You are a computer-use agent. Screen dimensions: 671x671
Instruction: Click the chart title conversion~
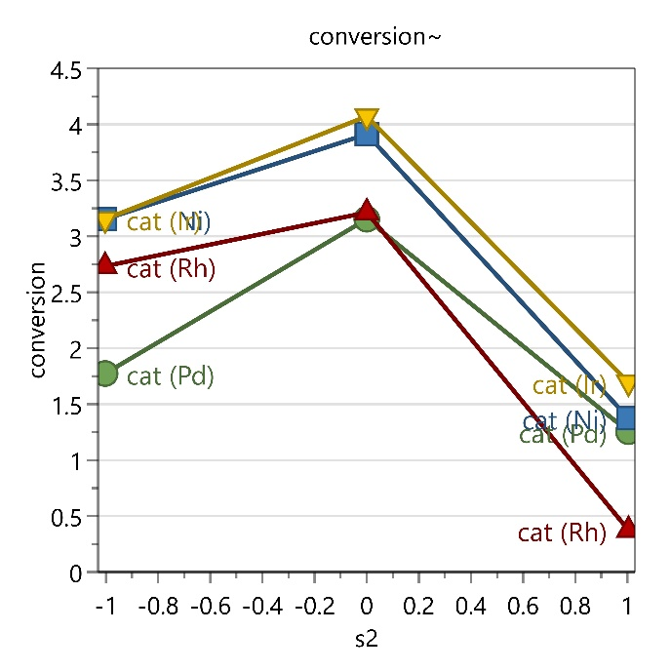click(376, 37)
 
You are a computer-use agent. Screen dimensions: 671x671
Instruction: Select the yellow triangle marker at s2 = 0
click(367, 119)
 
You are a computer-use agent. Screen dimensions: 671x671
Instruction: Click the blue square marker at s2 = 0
click(367, 135)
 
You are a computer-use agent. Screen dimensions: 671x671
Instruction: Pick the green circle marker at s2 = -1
click(106, 374)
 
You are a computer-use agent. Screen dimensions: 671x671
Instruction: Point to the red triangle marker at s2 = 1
click(627, 527)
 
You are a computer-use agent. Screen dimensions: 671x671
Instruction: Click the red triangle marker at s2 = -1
click(106, 264)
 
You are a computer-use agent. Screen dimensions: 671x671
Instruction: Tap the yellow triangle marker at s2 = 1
click(627, 384)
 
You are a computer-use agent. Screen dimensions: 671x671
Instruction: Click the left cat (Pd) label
click(171, 375)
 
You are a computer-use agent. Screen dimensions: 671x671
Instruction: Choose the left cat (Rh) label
click(171, 269)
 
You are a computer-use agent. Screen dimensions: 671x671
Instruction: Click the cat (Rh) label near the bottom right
click(562, 533)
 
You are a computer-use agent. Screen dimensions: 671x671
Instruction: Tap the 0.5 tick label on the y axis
click(70, 517)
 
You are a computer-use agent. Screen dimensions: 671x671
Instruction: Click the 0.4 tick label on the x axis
click(470, 607)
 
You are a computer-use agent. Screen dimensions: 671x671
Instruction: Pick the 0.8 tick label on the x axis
click(574, 607)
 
